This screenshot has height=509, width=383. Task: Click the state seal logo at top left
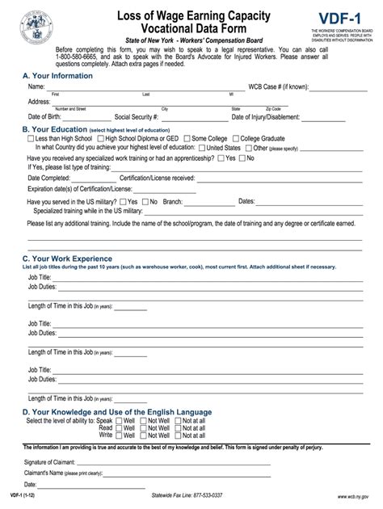(x=37, y=25)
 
